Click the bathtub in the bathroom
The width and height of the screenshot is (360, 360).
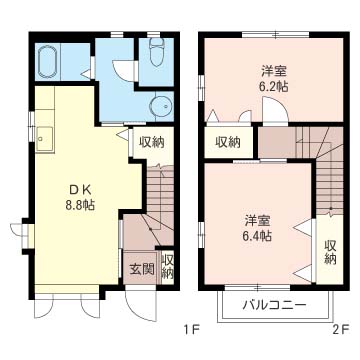click(x=48, y=62)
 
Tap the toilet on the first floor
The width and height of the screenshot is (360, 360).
click(x=156, y=53)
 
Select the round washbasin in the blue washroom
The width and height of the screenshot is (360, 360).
click(x=161, y=106)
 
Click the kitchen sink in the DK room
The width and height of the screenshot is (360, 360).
click(x=45, y=139)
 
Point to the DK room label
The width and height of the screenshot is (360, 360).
click(x=80, y=189)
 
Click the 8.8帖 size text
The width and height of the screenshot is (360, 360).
click(x=80, y=205)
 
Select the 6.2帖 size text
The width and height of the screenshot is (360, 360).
click(x=274, y=87)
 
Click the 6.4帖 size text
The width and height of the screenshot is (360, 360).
click(x=257, y=236)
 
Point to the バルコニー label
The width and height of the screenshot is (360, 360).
click(x=274, y=305)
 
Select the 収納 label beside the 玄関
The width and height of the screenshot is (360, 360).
click(x=168, y=267)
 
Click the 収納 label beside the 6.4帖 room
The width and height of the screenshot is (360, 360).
click(x=330, y=252)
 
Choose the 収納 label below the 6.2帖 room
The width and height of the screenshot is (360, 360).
click(x=228, y=142)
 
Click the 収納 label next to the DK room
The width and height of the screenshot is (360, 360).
click(x=152, y=142)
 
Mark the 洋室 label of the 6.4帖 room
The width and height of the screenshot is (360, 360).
click(x=257, y=220)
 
